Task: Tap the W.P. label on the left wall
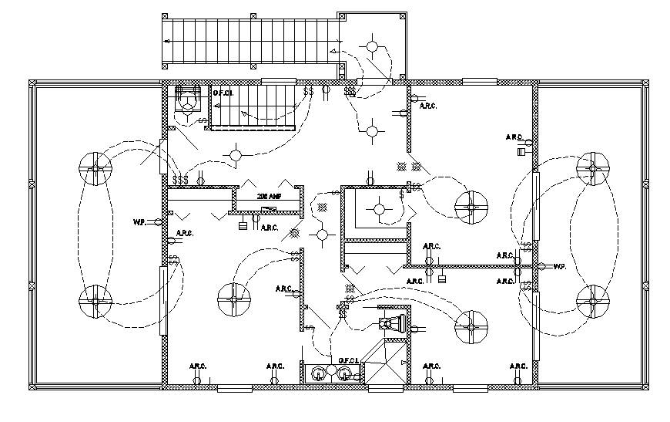139,222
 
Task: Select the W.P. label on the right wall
560,267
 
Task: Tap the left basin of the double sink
317,373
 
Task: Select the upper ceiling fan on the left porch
95,167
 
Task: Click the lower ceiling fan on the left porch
95,302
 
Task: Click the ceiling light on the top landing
373,47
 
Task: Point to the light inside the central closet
378,208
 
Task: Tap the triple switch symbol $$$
181,180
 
